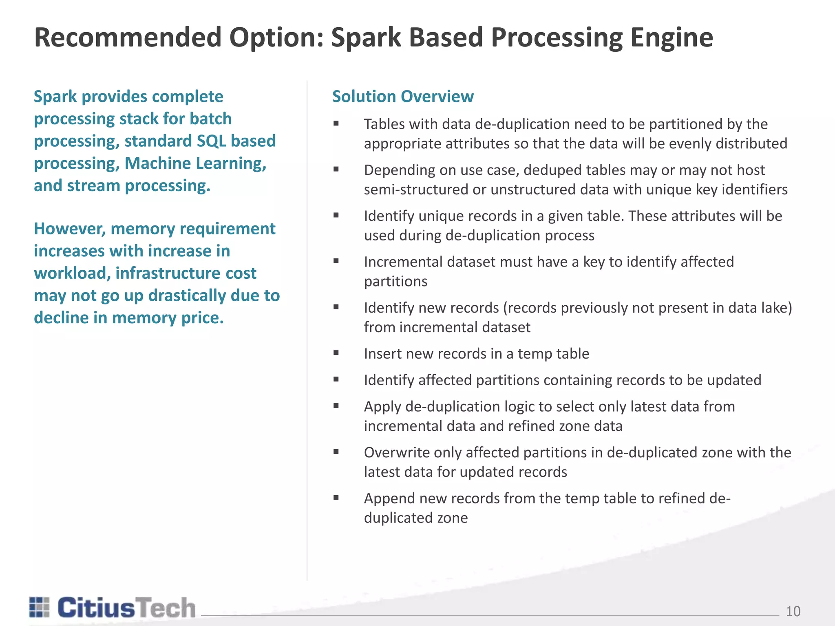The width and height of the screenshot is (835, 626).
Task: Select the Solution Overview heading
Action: tap(403, 97)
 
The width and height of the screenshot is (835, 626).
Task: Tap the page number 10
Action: tap(793, 611)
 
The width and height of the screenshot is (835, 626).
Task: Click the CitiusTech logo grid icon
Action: tap(40, 607)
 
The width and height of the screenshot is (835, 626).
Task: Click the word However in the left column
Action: tap(70, 229)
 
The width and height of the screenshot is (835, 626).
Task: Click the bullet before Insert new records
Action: tap(336, 353)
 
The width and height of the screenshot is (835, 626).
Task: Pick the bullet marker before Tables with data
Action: tap(336, 123)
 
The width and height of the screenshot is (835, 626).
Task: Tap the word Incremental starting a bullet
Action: tap(403, 262)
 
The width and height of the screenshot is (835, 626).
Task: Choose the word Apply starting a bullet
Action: tap(382, 407)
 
